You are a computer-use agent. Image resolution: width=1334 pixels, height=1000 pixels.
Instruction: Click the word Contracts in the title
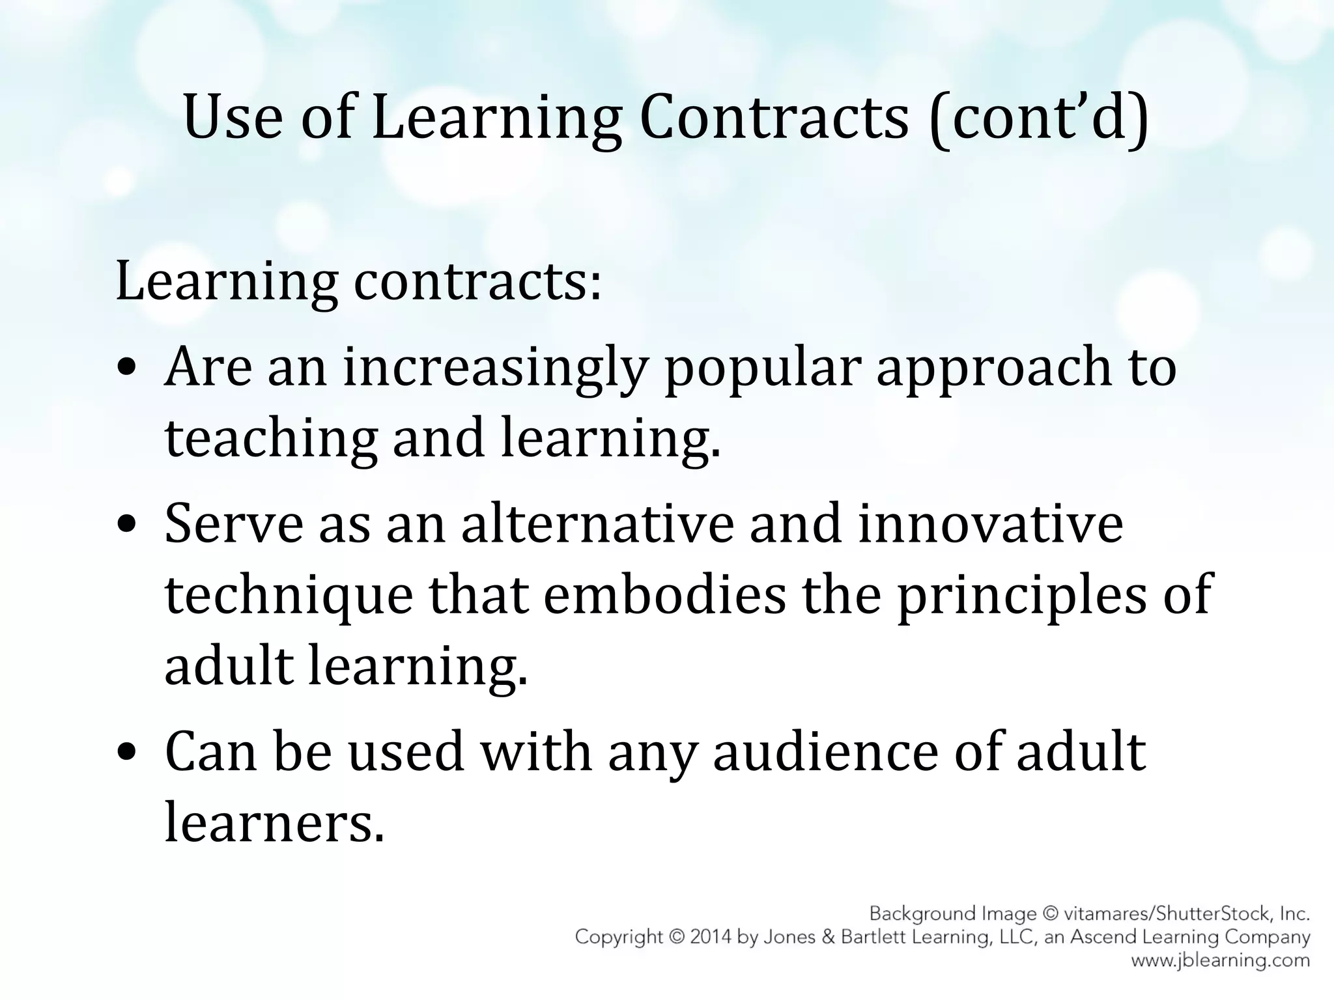(774, 117)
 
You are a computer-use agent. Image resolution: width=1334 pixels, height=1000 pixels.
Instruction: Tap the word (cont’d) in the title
(1040, 117)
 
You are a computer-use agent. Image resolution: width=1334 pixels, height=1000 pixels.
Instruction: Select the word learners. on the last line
(274, 822)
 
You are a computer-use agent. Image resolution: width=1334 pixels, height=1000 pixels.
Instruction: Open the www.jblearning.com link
(1220, 960)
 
